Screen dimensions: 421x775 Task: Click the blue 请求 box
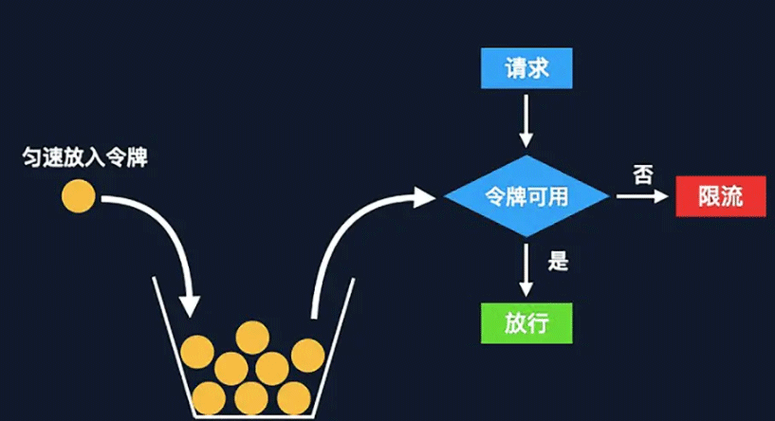pyautogui.click(x=527, y=68)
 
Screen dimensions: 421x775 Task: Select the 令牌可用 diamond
pyautogui.click(x=527, y=196)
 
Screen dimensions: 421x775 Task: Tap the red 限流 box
pyautogui.click(x=720, y=196)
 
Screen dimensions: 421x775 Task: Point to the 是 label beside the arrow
pyautogui.click(x=559, y=260)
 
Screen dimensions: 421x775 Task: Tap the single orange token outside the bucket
pyautogui.click(x=79, y=197)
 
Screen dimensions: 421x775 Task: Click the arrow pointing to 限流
pyautogui.click(x=642, y=196)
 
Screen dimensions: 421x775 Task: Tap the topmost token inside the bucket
pyautogui.click(x=252, y=336)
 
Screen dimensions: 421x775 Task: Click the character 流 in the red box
pyautogui.click(x=732, y=196)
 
